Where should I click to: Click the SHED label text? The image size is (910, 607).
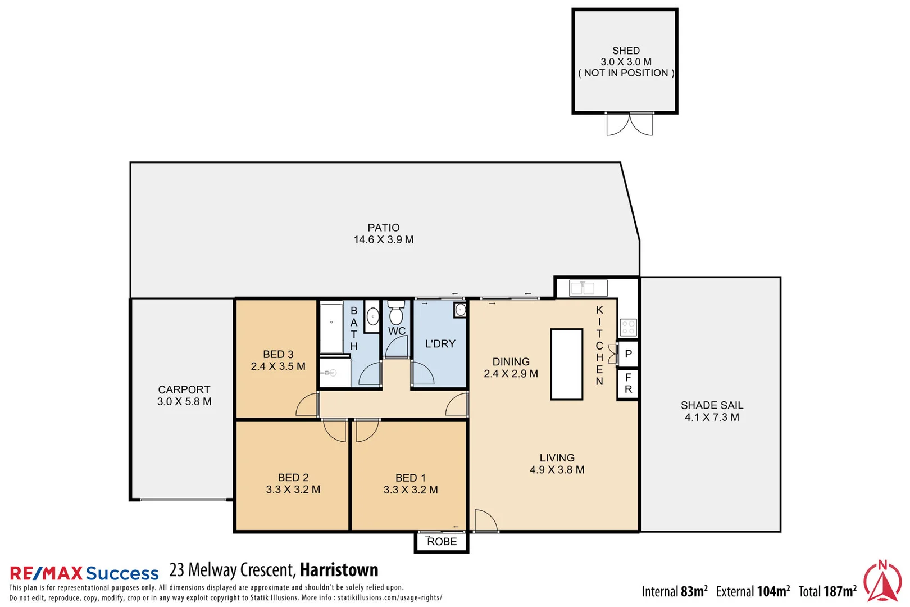click(626, 51)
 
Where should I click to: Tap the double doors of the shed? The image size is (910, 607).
click(629, 124)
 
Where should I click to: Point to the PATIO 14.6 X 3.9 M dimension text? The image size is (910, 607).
click(384, 240)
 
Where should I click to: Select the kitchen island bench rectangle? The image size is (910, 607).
click(566, 364)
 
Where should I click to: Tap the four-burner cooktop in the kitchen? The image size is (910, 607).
click(628, 327)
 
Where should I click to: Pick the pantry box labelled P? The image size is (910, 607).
click(628, 354)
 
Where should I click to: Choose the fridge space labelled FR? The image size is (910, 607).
click(628, 383)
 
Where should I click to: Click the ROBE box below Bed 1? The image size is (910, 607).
click(442, 542)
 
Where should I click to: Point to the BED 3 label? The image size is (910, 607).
click(278, 355)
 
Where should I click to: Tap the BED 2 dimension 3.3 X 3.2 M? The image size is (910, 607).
click(293, 490)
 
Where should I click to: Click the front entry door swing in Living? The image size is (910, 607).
click(485, 520)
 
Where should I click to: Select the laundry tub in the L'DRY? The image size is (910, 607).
click(460, 310)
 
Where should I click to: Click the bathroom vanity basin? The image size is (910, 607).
click(372, 317)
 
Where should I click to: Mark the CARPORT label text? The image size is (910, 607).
click(184, 389)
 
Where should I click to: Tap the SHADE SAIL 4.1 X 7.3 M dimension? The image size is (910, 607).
click(712, 418)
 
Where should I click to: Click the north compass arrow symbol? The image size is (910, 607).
click(882, 581)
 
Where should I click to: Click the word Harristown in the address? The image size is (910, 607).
click(339, 570)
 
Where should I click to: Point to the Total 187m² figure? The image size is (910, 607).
click(827, 591)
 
